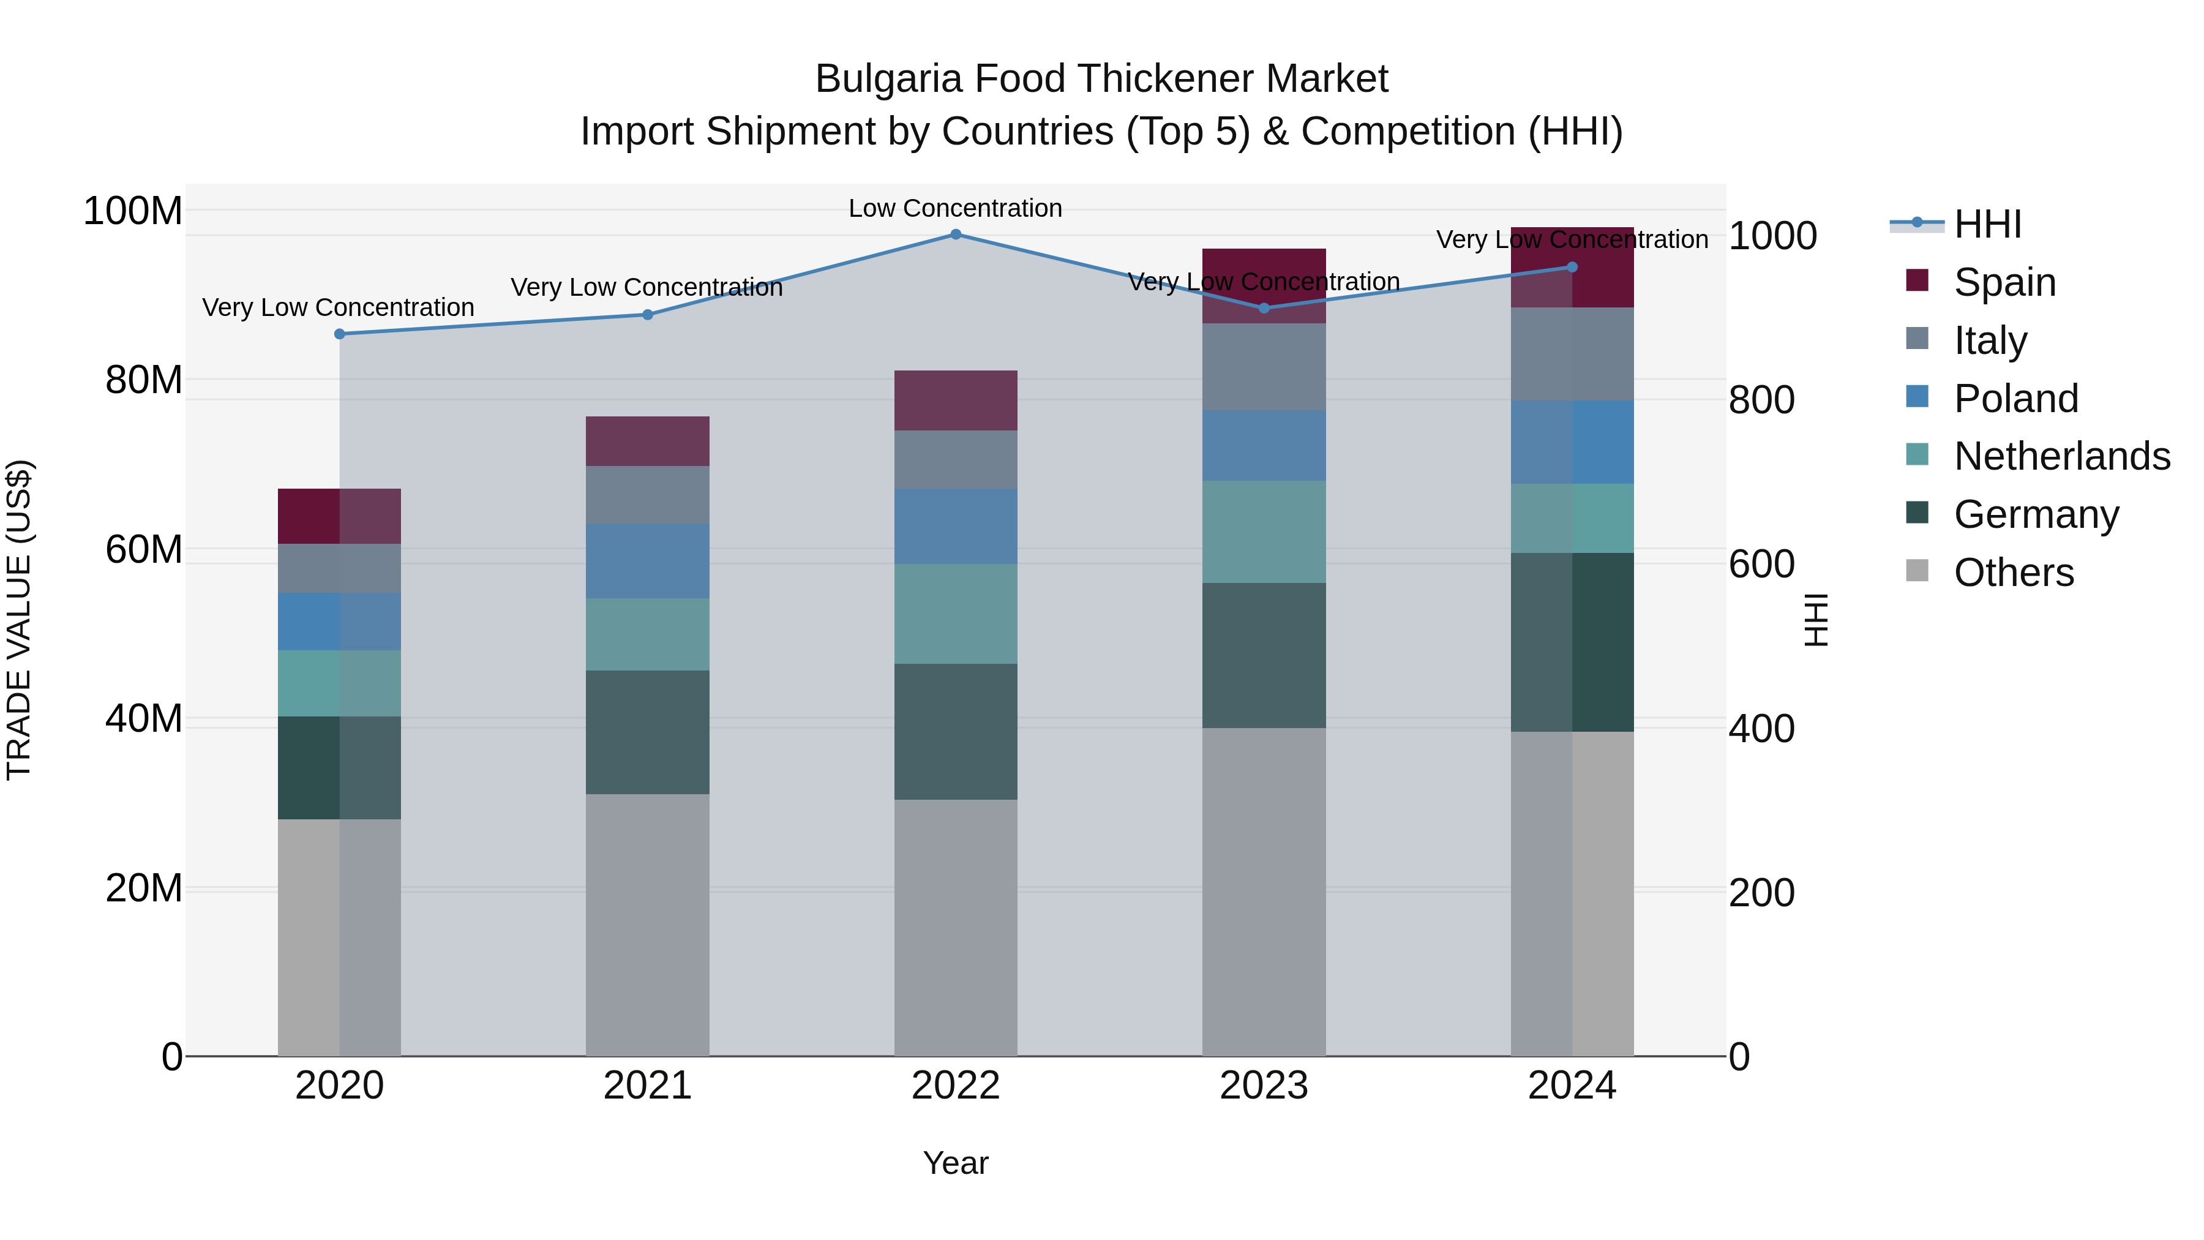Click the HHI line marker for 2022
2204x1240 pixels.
956,235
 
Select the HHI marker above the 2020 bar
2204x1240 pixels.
340,334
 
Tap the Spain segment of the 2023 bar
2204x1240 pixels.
1264,286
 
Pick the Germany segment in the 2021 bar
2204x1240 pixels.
648,732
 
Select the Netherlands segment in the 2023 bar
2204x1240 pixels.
1264,532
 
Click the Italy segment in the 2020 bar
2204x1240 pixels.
340,568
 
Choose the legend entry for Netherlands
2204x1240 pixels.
2061,456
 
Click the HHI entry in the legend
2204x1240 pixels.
1987,224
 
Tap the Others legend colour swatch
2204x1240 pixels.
1917,571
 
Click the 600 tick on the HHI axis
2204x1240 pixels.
1761,565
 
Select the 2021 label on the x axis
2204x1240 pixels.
648,1086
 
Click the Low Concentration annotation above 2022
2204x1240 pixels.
955,208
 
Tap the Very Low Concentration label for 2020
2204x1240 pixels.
338,307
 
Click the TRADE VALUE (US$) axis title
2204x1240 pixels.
19,620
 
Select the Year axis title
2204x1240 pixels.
955,1163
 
